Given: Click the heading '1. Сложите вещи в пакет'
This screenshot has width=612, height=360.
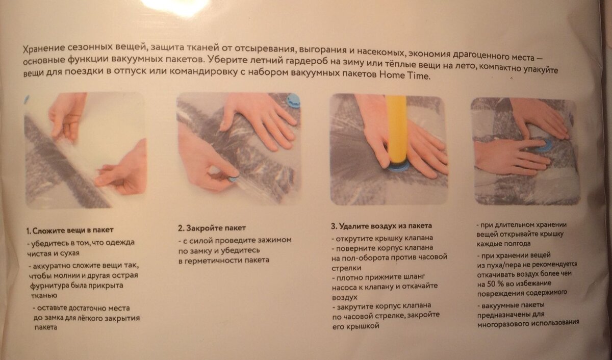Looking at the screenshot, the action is point(70,230).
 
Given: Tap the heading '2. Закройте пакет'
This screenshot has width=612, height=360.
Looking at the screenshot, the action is point(212,228).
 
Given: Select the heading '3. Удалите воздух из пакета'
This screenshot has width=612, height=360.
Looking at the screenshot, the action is point(381,226).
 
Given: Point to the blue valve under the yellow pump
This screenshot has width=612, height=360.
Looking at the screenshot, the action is point(398,166).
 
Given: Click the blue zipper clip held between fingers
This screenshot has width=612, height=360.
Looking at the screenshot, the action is point(233,179).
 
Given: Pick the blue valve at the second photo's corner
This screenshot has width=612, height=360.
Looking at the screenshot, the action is point(293,100).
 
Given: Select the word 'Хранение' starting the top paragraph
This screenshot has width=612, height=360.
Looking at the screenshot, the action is point(44,49).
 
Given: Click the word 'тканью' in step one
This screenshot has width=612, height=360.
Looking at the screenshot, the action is point(44,296).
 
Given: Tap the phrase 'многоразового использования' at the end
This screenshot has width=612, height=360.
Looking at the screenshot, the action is point(528,323).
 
